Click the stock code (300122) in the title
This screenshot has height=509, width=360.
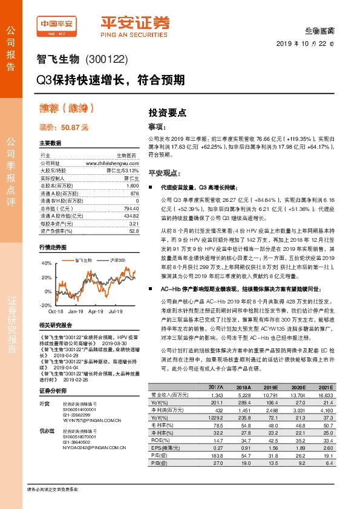[108, 60]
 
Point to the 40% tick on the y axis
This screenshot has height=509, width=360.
[46, 264]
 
